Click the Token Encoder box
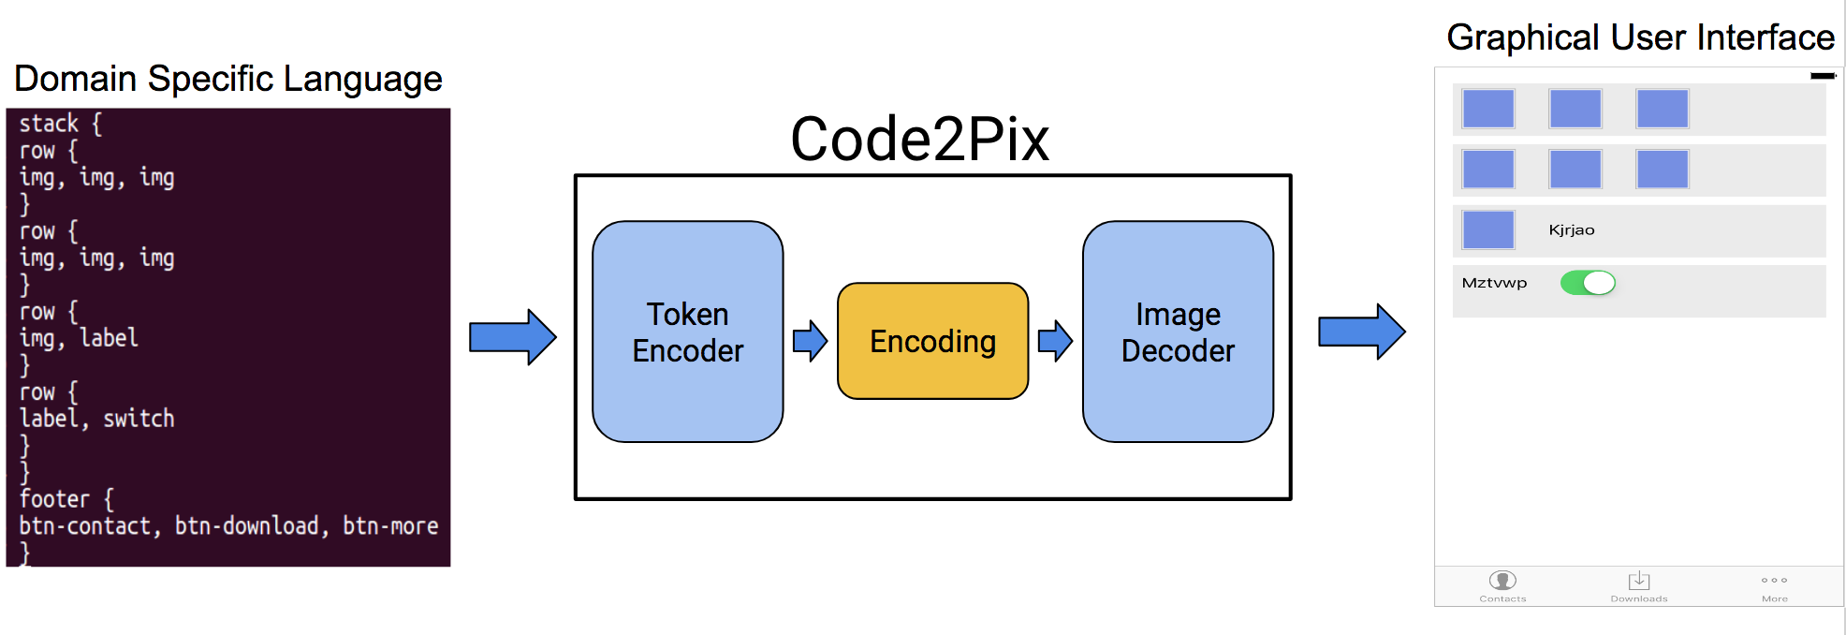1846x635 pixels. (687, 332)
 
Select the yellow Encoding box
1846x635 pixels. (932, 341)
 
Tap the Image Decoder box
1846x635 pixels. (1178, 332)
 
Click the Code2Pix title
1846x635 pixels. (919, 140)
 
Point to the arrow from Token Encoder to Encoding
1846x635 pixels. (810, 341)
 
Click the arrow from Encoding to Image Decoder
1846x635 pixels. (1055, 341)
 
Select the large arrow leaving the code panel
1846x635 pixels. (512, 336)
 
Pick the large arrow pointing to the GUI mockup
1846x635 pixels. (1361, 332)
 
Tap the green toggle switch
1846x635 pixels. (1588, 283)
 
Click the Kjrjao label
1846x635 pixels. (1572, 230)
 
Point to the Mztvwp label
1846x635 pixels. (1494, 283)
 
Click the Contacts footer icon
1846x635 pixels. (1502, 581)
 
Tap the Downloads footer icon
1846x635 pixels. (1639, 581)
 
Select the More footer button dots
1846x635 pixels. (1774, 581)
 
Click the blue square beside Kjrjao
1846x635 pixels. (1487, 230)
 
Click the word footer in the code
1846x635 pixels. (54, 499)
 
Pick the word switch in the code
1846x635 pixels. (139, 419)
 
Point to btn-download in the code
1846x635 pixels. (247, 526)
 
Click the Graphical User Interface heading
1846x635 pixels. (1640, 37)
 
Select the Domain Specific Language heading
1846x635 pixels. (227, 79)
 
